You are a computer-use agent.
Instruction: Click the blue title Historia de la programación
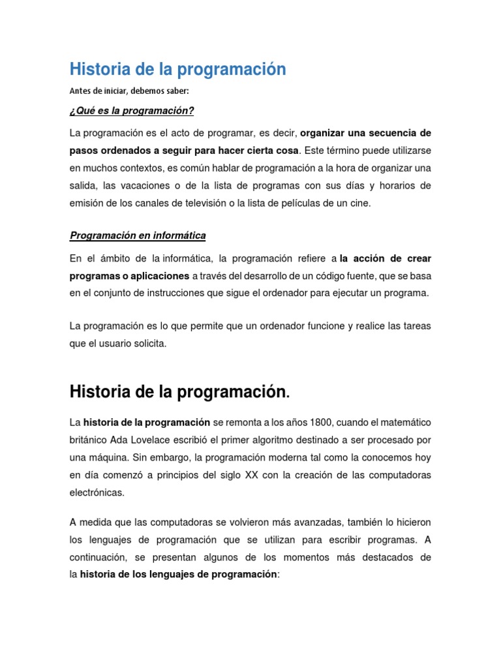(x=177, y=69)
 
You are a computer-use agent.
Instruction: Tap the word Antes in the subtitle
(x=80, y=91)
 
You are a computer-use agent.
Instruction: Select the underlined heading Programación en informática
(x=138, y=235)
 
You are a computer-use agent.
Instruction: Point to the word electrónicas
(x=97, y=493)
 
